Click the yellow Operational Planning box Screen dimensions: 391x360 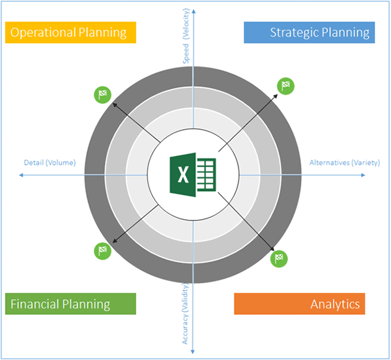70,33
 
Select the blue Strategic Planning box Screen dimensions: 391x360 309,33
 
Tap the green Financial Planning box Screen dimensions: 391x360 70,304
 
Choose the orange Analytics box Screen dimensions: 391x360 300,304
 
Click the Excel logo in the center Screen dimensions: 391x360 193,175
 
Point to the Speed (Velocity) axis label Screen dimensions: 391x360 186,36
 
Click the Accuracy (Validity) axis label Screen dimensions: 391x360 185,314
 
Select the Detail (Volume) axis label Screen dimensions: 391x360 50,162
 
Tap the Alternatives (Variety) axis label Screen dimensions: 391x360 345,162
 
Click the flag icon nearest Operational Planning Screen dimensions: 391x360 102,95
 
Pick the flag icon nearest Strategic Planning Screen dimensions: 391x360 286,86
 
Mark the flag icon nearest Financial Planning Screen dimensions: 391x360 102,251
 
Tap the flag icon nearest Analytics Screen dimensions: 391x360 279,259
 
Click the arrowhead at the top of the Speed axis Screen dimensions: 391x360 194,10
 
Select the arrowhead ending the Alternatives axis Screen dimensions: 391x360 364,175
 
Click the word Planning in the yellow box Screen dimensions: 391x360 102,33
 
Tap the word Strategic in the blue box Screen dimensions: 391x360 295,33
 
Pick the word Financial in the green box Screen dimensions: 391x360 35,304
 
